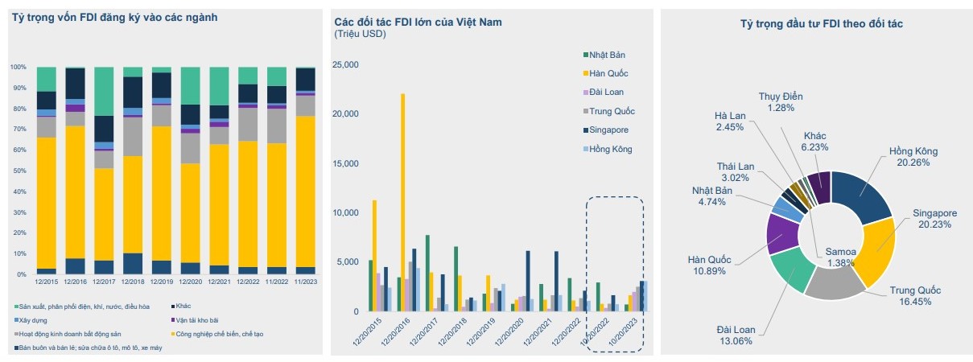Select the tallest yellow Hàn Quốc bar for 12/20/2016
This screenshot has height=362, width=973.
pyautogui.click(x=403, y=201)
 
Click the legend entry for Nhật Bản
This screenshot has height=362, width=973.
pyautogui.click(x=606, y=55)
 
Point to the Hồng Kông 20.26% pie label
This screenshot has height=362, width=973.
pyautogui.click(x=913, y=158)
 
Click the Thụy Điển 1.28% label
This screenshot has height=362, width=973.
pyautogui.click(x=781, y=101)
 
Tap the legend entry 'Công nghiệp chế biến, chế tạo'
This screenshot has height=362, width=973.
pyautogui.click(x=221, y=333)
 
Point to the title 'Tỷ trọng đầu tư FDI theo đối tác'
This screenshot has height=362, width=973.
pyautogui.click(x=821, y=24)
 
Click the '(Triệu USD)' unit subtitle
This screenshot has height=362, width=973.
pyautogui.click(x=360, y=34)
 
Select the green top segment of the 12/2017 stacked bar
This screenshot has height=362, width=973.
pyautogui.click(x=104, y=91)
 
